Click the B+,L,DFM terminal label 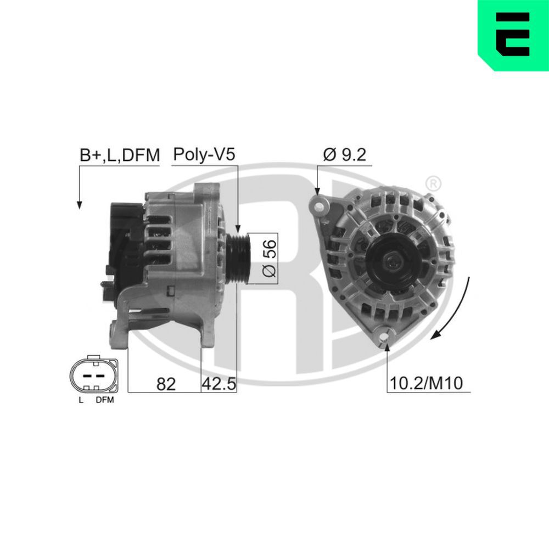(x=119, y=155)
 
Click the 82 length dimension (x=165, y=384)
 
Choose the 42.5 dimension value (x=219, y=384)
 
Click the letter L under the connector (x=81, y=400)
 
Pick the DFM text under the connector (x=104, y=400)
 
